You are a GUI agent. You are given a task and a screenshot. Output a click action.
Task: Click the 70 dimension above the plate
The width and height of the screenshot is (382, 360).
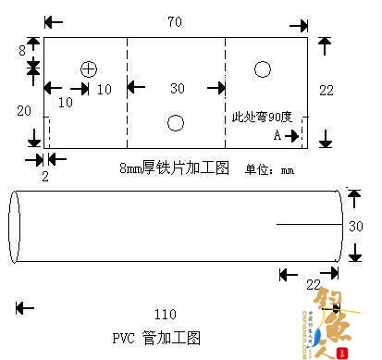(175, 19)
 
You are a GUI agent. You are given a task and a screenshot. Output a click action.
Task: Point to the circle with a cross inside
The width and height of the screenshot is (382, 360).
(89, 68)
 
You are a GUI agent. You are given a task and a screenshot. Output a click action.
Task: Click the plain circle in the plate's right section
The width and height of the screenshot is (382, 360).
(263, 68)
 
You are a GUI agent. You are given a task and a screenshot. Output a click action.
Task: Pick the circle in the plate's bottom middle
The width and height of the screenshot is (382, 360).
(175, 122)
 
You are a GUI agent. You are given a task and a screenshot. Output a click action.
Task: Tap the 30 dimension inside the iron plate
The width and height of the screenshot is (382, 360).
(176, 88)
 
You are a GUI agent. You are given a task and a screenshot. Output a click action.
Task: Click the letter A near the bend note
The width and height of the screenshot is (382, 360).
(277, 135)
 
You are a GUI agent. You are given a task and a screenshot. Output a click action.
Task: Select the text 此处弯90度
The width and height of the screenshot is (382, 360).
(262, 118)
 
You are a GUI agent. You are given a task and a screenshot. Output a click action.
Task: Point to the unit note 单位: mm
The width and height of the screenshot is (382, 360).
(268, 169)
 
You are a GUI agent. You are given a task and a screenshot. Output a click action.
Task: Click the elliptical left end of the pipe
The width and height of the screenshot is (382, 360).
(14, 226)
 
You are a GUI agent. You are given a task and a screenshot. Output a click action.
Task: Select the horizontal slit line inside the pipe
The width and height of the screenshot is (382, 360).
(305, 225)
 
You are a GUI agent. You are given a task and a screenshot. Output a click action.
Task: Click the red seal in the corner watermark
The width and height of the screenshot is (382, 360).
(344, 352)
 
